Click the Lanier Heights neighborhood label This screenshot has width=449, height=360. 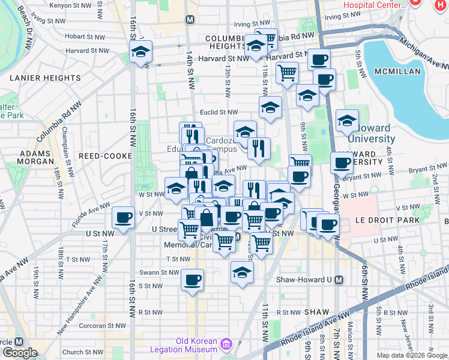46,78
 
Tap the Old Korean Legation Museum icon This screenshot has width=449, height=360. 226,344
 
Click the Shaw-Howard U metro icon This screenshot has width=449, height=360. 339,280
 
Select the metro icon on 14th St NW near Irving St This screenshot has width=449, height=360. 190,19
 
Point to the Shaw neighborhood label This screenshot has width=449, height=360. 317,312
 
